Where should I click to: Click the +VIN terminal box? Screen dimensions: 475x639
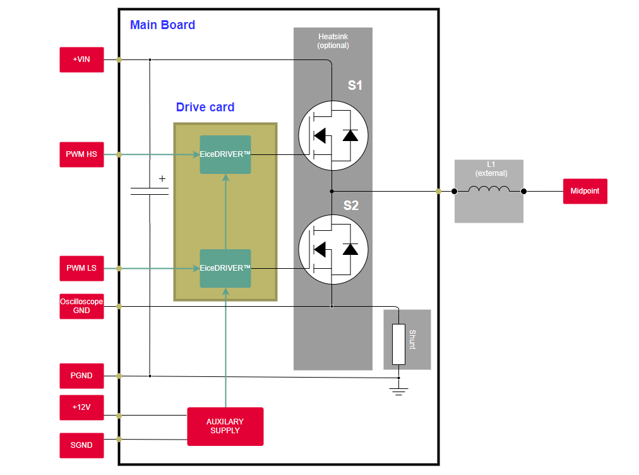click(81, 59)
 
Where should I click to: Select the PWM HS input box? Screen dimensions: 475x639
click(81, 154)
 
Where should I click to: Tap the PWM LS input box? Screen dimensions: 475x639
click(81, 268)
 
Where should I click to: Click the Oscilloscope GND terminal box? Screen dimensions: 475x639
click(81, 306)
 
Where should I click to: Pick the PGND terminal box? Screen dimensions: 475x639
click(81, 376)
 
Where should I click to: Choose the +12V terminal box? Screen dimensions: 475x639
click(81, 407)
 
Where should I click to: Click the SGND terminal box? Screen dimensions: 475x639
click(81, 445)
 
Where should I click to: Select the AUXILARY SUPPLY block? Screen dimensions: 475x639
click(225, 426)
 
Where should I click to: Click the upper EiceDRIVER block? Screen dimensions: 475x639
click(225, 154)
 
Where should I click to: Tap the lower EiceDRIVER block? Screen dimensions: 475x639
click(225, 268)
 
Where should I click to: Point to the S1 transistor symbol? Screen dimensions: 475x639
click(333, 135)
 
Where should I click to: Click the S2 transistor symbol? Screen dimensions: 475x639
click(333, 249)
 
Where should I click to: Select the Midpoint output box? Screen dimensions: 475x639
click(585, 191)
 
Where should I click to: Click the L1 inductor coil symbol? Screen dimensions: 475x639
click(489, 190)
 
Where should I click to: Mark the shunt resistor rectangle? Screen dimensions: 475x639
click(398, 344)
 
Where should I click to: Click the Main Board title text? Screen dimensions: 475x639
click(162, 25)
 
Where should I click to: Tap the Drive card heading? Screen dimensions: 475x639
click(205, 108)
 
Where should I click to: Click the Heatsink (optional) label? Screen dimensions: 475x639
click(333, 41)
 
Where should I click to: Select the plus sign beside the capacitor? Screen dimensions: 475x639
click(162, 179)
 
